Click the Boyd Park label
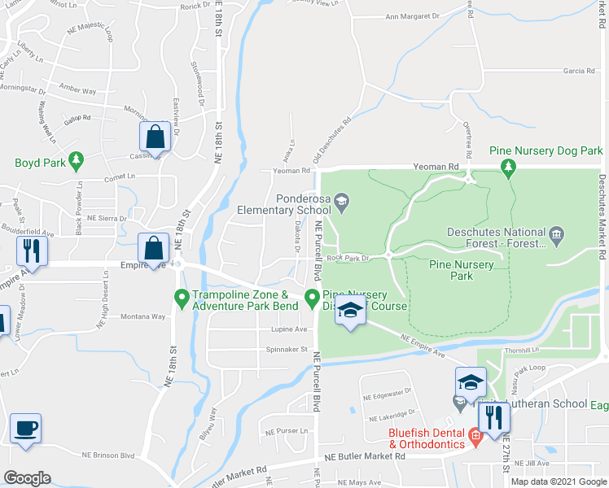point(40,163)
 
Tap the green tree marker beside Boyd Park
point(77,159)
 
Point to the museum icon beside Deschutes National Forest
point(557,236)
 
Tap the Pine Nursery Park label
point(462,270)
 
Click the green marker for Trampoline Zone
point(181,299)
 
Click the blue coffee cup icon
point(25,428)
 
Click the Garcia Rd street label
point(579,71)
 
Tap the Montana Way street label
point(120,316)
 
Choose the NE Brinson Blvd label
point(108,455)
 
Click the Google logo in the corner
point(27,477)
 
